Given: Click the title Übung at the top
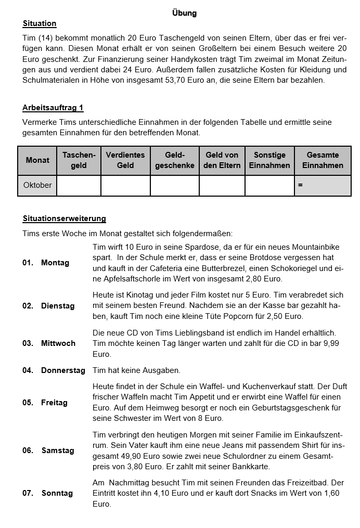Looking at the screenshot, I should point(184,13).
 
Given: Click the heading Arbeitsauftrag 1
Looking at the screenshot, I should point(53,108).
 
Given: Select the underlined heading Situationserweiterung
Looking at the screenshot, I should point(64,218).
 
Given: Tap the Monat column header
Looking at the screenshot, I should point(37,160).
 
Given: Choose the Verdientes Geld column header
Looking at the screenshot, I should point(125,160).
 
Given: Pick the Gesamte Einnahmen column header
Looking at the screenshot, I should point(323,160).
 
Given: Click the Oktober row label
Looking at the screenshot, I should point(37,185).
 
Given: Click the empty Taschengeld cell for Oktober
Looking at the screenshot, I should point(79,185).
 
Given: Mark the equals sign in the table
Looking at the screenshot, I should point(300,185).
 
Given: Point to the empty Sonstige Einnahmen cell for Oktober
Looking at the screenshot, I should point(269,185).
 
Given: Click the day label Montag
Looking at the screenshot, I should point(55,263).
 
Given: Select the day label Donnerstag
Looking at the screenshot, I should point(63,370).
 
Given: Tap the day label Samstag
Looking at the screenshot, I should point(58,450).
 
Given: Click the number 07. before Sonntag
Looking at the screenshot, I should point(28,493).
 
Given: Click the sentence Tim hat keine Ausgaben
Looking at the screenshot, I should point(136,370).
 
